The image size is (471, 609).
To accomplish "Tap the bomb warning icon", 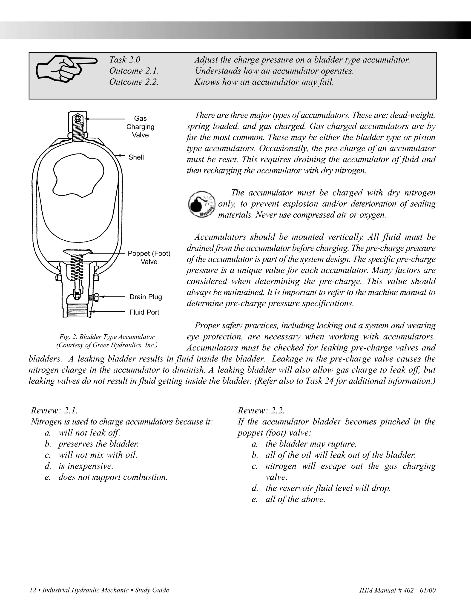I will [x=202, y=204].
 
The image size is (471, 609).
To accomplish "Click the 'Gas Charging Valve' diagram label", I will [x=140, y=127].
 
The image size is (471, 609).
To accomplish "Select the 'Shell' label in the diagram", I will [x=136, y=157].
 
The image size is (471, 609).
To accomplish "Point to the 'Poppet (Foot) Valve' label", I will [x=149, y=257].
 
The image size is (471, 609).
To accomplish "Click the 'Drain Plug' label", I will [x=146, y=297].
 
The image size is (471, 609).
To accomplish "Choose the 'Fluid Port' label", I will [x=144, y=312].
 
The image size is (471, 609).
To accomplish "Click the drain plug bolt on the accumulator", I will [x=95, y=297].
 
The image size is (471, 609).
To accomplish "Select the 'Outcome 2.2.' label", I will [x=134, y=82].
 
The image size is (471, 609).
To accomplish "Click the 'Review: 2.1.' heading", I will [x=54, y=410].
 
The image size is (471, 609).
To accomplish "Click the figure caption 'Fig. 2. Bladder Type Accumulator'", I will [x=107, y=337].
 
